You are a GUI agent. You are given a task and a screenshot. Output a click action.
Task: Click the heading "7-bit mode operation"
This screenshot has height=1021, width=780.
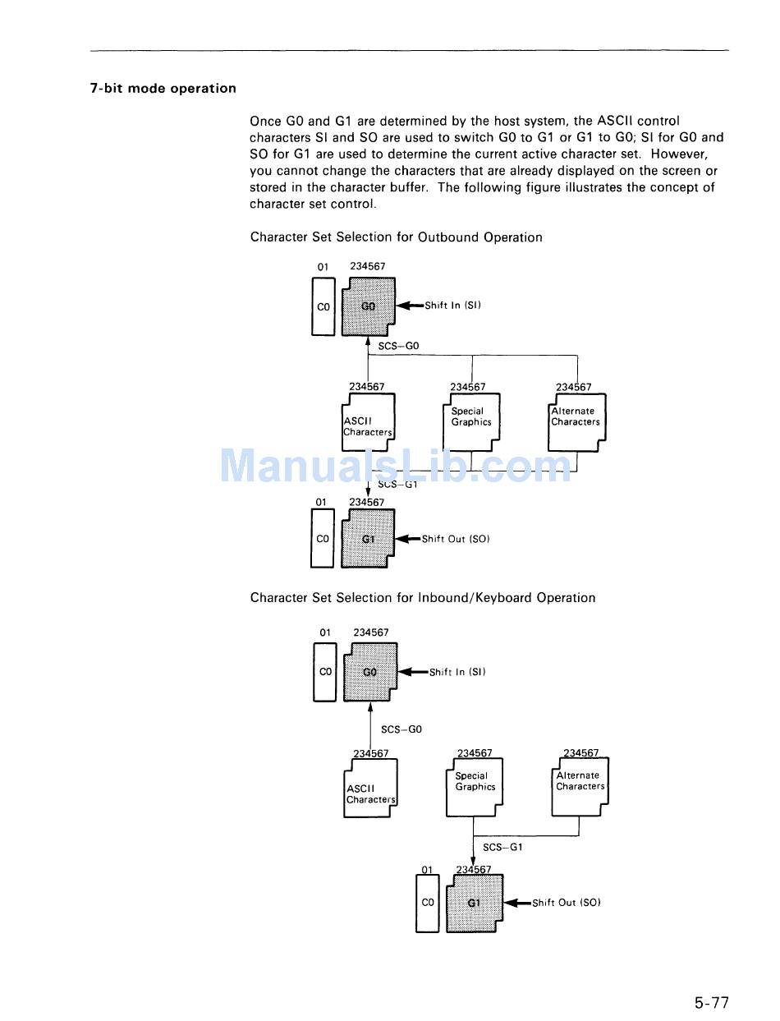tap(163, 89)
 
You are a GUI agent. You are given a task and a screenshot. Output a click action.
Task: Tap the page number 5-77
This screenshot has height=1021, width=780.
tap(711, 1002)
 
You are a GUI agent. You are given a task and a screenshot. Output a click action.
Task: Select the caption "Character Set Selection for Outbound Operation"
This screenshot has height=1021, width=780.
tap(396, 237)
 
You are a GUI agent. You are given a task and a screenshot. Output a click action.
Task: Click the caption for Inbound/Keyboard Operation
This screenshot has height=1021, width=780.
tap(423, 598)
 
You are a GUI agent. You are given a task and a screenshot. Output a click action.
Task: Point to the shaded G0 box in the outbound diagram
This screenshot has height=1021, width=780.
tap(368, 306)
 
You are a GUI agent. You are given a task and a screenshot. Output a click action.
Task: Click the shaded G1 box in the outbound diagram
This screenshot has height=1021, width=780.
tap(368, 539)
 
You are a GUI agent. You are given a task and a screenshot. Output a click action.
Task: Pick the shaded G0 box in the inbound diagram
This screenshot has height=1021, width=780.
tap(370, 672)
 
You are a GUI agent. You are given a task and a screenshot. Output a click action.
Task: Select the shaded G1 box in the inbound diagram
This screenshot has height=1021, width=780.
tap(474, 903)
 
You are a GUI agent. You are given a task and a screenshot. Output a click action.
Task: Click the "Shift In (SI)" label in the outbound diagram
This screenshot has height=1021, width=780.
tap(452, 306)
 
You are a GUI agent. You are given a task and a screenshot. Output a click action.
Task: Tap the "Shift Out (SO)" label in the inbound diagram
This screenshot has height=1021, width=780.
tap(567, 903)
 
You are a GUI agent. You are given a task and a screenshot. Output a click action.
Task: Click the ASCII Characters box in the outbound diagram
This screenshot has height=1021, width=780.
tap(367, 423)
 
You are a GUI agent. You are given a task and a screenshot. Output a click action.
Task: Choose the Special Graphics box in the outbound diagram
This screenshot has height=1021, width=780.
tap(470, 421)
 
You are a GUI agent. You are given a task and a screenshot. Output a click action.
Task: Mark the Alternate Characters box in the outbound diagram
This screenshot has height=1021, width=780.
tap(576, 421)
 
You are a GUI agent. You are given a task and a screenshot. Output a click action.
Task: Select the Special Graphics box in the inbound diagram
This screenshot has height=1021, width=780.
tap(475, 786)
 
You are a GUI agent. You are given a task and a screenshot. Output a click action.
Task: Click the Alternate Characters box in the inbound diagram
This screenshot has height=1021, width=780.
tap(580, 786)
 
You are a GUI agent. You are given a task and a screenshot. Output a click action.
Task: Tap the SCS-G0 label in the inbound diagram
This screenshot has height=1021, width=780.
tap(401, 729)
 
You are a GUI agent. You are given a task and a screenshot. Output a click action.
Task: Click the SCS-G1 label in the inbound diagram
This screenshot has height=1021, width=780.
tap(502, 847)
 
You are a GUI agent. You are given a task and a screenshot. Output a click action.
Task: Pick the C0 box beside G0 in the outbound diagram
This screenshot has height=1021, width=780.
tap(323, 306)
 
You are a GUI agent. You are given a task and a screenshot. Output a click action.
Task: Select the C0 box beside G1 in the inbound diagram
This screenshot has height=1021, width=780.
tap(427, 902)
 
